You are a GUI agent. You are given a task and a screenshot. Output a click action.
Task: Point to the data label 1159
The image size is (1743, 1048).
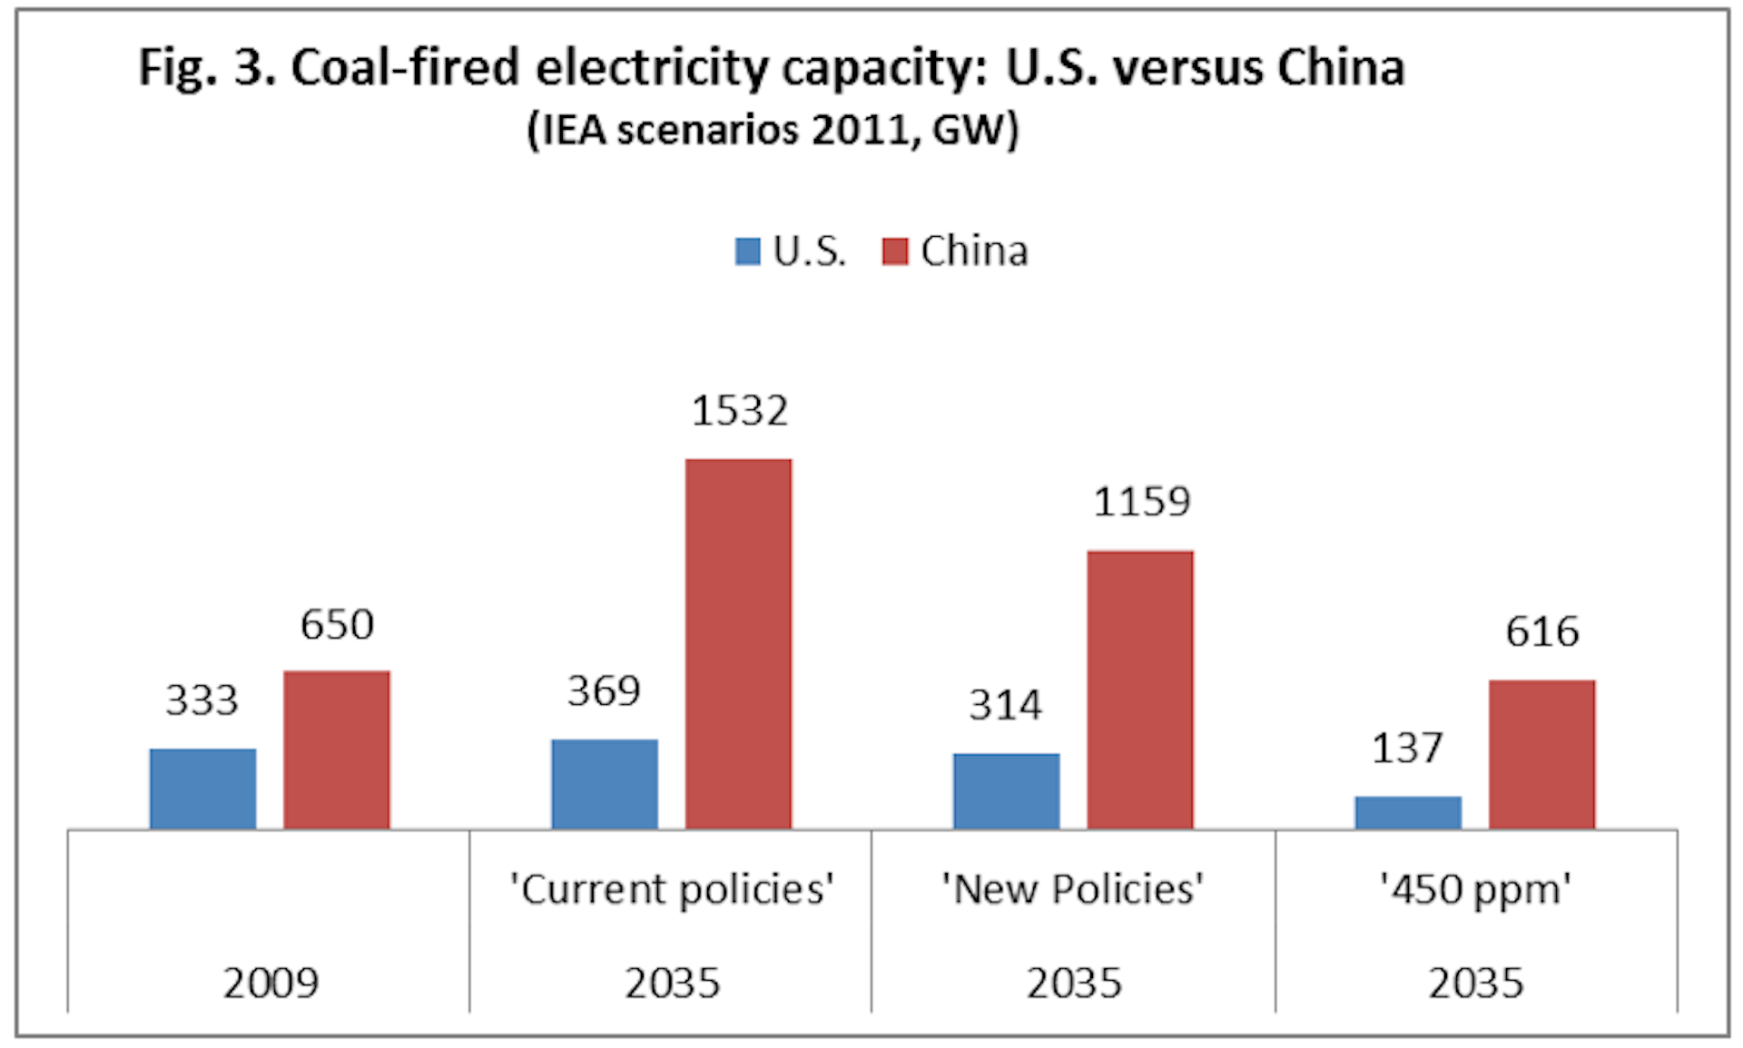tap(1141, 502)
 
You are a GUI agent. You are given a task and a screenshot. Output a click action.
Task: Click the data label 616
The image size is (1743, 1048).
tap(1542, 632)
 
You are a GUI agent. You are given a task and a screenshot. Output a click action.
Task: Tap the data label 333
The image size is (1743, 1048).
tap(202, 700)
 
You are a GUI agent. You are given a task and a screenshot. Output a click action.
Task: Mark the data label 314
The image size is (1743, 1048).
tap(1006, 705)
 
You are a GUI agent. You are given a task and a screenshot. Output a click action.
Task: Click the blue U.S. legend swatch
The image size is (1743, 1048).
tap(747, 251)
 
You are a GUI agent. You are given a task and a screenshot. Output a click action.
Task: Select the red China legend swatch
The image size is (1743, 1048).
tap(895, 251)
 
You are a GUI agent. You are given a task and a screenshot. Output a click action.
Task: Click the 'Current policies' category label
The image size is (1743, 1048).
tap(672, 889)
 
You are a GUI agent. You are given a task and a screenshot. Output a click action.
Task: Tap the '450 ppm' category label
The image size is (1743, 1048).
tap(1475, 889)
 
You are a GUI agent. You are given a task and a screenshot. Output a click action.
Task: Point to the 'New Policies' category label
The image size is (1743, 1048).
tap(1073, 889)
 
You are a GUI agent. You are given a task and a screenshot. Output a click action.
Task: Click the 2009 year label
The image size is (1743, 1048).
tap(271, 983)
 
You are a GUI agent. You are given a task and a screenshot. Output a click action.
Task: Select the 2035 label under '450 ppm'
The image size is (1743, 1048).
tap(1475, 983)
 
